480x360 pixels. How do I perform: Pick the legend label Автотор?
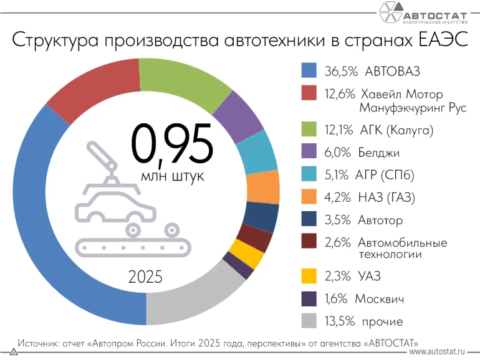tap(380, 220)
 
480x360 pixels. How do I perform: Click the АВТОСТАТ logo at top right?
tap(424, 14)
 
